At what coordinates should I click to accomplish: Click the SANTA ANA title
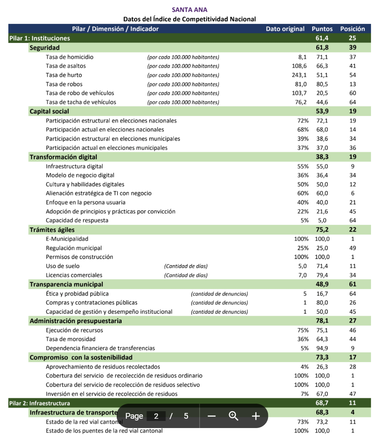(189, 10)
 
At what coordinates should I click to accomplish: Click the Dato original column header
(285, 29)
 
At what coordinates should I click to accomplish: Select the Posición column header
(352, 29)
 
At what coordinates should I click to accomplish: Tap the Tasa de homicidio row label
(69, 57)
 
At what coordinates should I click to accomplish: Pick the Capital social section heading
(49, 112)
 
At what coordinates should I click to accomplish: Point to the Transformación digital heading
(63, 157)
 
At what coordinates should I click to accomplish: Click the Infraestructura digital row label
(74, 166)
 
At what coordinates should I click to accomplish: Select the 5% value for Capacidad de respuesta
(305, 220)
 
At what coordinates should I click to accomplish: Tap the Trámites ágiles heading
(52, 230)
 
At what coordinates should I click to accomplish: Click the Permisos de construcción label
(79, 257)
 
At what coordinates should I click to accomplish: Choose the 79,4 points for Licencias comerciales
(322, 275)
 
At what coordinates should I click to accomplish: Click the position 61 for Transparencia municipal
(352, 284)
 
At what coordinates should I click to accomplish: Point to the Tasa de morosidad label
(70, 339)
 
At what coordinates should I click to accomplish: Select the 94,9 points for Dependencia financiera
(322, 348)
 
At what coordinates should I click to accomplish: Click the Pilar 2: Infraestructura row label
(40, 403)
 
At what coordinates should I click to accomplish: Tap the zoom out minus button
(211, 416)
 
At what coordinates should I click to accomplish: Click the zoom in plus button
(256, 416)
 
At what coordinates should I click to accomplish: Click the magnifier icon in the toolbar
(234, 416)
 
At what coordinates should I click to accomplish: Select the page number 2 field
(156, 416)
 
